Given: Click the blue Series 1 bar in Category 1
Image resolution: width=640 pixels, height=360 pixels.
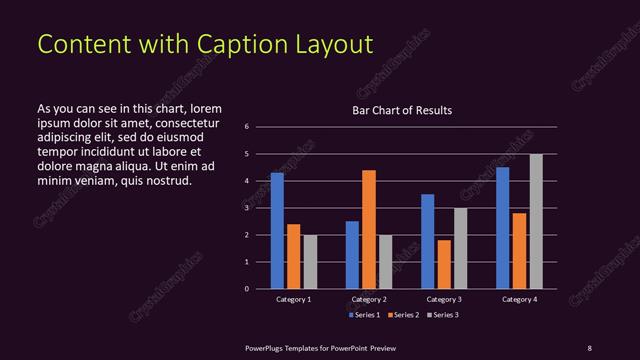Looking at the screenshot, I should (277, 231).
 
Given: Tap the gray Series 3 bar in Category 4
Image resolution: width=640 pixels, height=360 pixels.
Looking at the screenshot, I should (536, 221).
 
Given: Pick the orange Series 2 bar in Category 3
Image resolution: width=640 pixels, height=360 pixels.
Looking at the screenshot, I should (444, 264).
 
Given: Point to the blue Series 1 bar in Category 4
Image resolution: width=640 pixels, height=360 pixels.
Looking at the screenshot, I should (503, 228).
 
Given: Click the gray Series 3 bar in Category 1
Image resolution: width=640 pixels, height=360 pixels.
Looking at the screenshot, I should (310, 262).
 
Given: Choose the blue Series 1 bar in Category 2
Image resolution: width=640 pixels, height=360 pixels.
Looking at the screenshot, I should (352, 255).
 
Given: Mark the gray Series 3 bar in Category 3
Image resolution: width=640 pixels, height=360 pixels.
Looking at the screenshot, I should (460, 248).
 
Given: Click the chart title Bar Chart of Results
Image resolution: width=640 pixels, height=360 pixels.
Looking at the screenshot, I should (402, 110).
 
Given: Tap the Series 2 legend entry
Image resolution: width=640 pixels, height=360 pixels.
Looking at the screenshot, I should (402, 315).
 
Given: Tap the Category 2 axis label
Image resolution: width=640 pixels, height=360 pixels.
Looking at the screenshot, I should (369, 299).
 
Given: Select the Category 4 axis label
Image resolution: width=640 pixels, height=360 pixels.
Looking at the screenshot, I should (519, 299).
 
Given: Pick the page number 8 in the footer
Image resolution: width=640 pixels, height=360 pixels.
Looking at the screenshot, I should (589, 347).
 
